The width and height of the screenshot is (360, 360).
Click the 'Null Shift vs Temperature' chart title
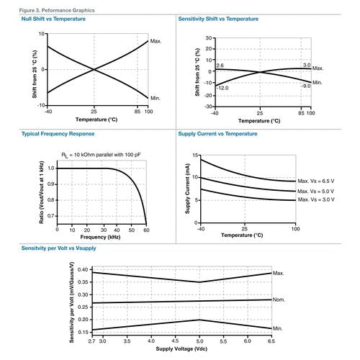(x=53, y=19)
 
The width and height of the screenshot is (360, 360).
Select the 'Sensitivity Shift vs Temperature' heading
(x=218, y=19)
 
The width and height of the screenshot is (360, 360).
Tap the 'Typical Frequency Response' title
(x=58, y=134)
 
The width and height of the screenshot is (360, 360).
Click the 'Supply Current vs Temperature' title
(x=217, y=134)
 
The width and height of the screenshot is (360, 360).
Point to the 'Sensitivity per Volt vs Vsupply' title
(x=58, y=248)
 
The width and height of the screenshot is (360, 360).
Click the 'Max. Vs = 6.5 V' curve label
(x=316, y=181)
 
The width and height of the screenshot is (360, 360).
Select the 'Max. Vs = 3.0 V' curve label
(x=316, y=199)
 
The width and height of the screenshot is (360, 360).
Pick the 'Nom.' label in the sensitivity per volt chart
(x=279, y=300)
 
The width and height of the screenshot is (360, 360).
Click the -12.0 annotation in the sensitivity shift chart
(x=222, y=88)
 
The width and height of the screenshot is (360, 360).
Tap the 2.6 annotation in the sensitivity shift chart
(x=220, y=66)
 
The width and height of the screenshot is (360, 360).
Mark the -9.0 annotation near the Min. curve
(x=306, y=86)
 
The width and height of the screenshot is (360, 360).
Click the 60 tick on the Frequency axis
(x=146, y=230)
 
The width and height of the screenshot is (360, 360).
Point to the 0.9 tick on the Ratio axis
(x=51, y=184)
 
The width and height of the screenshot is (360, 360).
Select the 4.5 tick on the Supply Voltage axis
(x=176, y=341)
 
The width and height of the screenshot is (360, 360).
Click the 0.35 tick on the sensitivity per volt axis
(x=83, y=282)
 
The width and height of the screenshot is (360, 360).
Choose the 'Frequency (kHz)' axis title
(x=100, y=237)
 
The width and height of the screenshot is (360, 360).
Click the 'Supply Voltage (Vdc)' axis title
(x=181, y=348)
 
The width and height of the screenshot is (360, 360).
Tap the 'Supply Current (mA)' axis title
(x=187, y=189)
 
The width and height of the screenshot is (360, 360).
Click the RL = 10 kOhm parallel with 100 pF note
(x=101, y=155)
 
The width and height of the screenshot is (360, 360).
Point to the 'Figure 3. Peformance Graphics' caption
(x=57, y=10)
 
